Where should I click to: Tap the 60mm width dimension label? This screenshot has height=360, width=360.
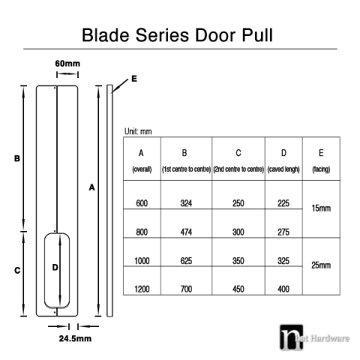[67, 63]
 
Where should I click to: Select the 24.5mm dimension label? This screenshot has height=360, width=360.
[75, 339]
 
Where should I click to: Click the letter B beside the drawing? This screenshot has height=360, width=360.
[16, 158]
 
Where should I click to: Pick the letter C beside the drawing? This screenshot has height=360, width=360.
[16, 271]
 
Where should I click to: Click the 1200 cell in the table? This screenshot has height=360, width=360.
[142, 289]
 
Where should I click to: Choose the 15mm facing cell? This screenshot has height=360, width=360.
[320, 208]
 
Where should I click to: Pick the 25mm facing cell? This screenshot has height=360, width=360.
[320, 265]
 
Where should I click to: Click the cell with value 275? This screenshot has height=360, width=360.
[283, 232]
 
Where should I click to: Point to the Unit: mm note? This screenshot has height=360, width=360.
[138, 131]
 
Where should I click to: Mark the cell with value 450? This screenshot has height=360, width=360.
[238, 289]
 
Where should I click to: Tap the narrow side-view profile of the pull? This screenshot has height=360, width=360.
[110, 199]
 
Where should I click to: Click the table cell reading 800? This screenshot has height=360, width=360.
[142, 232]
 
